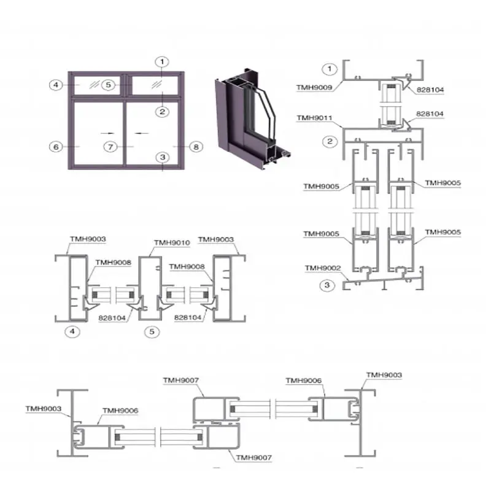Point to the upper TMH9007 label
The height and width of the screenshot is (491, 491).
pyautogui.click(x=180, y=381)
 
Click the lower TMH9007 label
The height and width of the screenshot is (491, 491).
pyautogui.click(x=252, y=458)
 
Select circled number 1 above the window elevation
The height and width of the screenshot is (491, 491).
pyautogui.click(x=162, y=61)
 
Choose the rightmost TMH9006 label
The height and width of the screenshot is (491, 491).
pyautogui.click(x=303, y=381)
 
